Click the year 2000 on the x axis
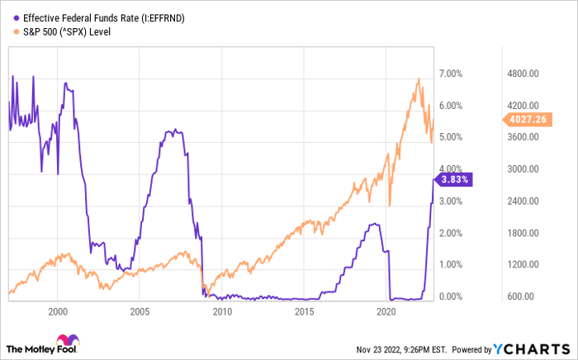[57, 312]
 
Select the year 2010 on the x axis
[222, 312]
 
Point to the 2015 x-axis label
[305, 312]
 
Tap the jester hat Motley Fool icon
[66, 341]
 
